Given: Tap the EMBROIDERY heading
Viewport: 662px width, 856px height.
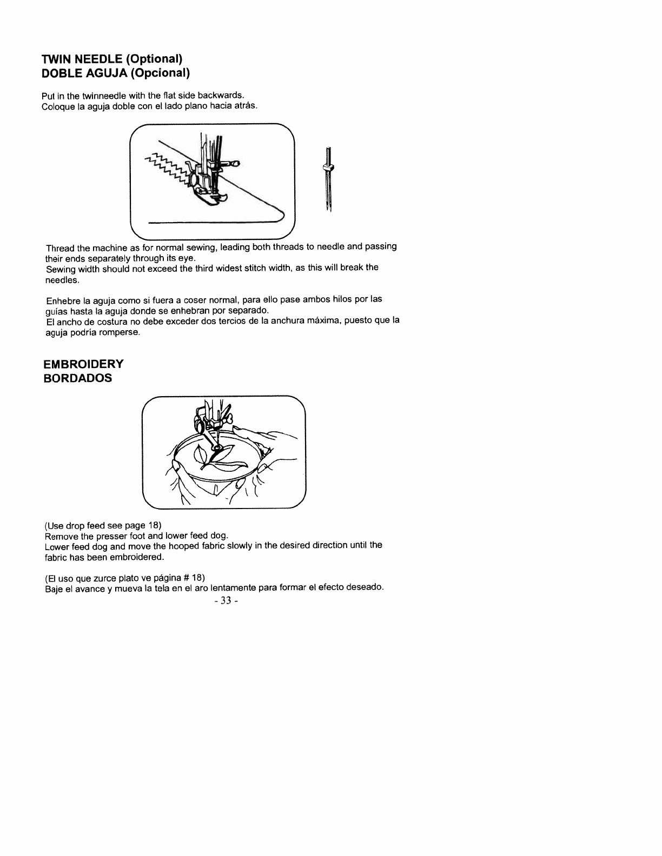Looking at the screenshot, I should click(84, 364).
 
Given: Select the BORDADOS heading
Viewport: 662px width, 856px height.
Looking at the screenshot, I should click(78, 378).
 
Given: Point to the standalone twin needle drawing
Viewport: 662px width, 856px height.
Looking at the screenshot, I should click(328, 178).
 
